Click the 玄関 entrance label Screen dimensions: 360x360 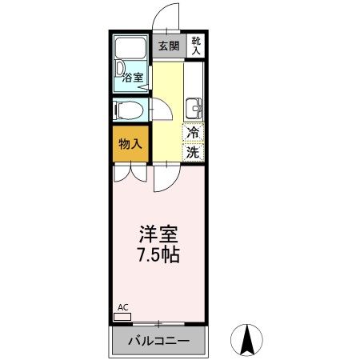(168, 46)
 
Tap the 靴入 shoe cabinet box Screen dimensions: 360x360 (195, 46)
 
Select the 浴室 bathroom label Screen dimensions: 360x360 (133, 78)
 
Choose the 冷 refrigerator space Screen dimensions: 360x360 (194, 133)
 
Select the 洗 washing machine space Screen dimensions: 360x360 (194, 150)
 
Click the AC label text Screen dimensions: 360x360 (122, 307)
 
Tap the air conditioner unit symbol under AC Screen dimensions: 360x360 (122, 317)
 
